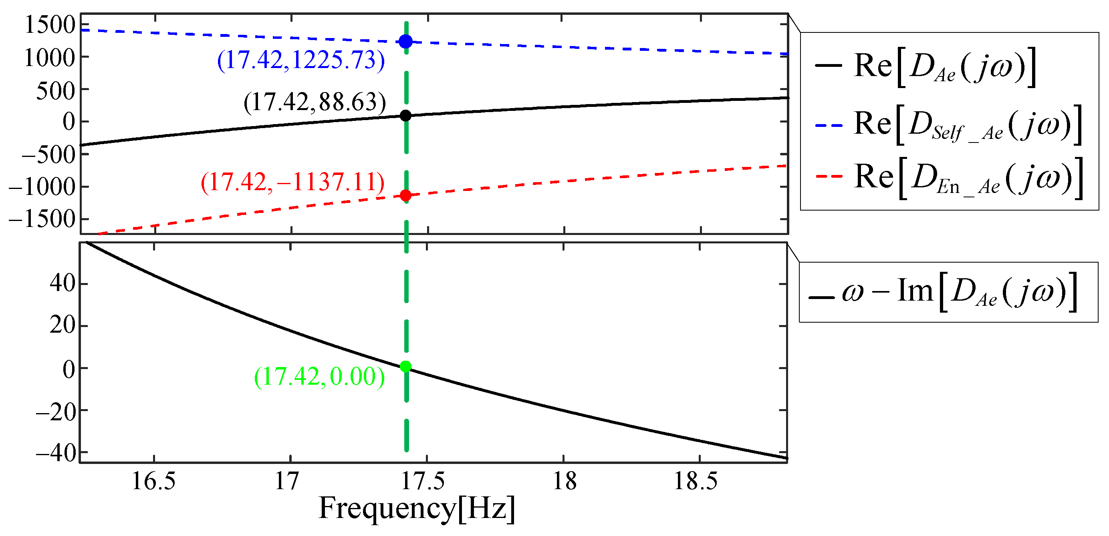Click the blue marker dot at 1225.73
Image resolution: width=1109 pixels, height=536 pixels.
click(405, 42)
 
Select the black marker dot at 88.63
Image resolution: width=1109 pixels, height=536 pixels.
click(405, 116)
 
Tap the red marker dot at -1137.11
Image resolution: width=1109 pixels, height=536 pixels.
click(405, 195)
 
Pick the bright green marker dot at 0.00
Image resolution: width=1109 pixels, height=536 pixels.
click(405, 367)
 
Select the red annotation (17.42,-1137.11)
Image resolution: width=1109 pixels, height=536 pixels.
click(293, 182)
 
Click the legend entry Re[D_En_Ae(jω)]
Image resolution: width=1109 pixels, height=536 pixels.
click(947, 178)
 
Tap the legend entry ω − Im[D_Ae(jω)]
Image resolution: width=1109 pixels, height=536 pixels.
click(943, 292)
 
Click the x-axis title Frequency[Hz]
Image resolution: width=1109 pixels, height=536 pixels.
click(417, 508)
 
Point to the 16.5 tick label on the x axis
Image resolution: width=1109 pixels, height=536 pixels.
click(154, 481)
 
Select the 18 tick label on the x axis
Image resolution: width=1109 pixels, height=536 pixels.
click(564, 481)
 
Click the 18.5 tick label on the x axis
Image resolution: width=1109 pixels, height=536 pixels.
click(696, 481)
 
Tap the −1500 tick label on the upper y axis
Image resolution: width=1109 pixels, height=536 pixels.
click(42, 219)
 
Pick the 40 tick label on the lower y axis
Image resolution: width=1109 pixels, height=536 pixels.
click(63, 283)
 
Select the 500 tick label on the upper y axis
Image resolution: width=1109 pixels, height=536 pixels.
click(56, 91)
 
